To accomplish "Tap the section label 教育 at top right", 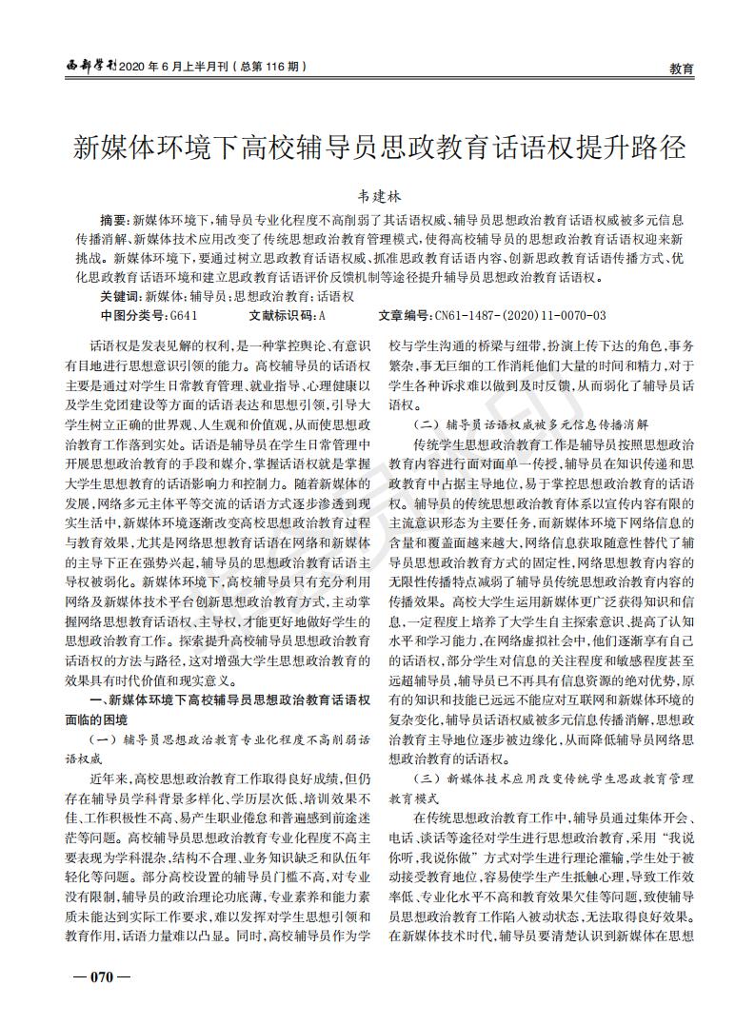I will click(x=681, y=69).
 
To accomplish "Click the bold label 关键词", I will click(x=118, y=296).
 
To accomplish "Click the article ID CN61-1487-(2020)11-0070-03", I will click(x=520, y=314).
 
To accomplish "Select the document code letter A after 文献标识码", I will click(x=322, y=314).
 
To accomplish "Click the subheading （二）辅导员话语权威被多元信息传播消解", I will click(x=529, y=424).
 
